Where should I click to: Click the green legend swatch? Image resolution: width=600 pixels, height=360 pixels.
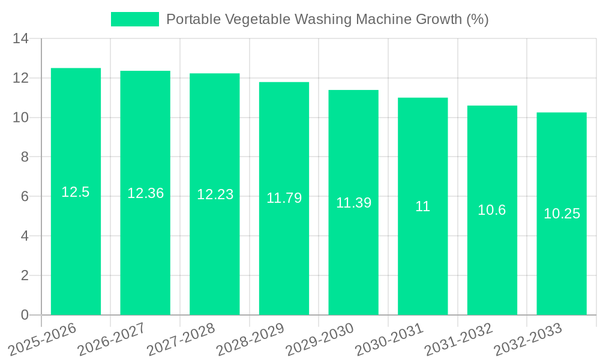point(135,19)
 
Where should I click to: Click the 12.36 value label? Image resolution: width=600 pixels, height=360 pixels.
point(145,193)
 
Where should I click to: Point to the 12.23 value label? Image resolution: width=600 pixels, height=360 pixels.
point(215,194)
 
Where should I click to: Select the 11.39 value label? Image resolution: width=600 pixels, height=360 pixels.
point(353,203)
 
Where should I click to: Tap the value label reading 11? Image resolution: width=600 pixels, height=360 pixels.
point(423,206)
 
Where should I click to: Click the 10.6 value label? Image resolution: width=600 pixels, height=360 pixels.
point(492,210)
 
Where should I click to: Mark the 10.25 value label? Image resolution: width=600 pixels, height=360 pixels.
point(562,214)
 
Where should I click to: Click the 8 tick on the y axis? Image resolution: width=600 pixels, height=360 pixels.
point(25,157)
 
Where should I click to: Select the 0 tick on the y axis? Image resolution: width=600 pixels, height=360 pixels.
point(25,315)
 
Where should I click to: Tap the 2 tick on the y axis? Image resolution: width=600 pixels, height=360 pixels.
point(25,275)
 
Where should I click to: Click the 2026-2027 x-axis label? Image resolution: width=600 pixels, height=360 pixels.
point(111,339)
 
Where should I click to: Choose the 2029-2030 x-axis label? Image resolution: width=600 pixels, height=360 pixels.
point(319,339)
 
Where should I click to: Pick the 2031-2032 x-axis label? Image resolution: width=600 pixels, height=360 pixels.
point(458,339)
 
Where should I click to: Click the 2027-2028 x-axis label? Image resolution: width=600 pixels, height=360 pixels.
point(181,339)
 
